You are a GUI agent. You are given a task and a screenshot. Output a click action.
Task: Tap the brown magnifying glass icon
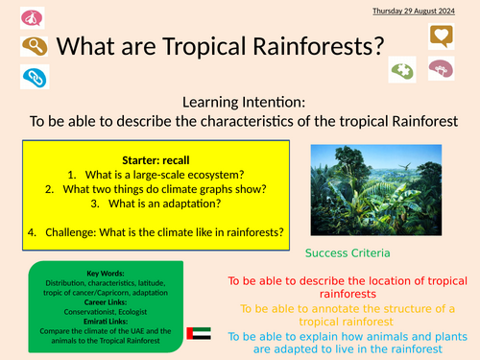[x=30, y=45]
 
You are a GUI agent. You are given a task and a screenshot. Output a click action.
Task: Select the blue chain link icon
[x=30, y=76]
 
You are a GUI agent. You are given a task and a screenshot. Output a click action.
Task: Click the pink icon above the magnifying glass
[x=30, y=16]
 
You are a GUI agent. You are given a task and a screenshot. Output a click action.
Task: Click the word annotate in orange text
[x=337, y=308]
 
